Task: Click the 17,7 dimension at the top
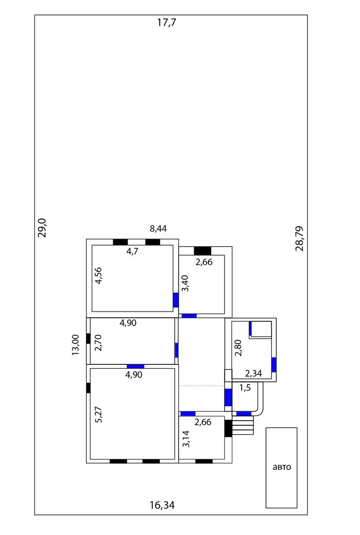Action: point(166,23)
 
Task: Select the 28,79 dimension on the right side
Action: point(299,238)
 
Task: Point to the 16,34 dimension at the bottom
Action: point(162,505)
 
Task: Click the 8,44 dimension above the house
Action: point(158,229)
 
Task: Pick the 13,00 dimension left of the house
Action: point(75,345)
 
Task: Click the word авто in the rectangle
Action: point(282,467)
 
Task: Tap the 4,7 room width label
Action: point(133,252)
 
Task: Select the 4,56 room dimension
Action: point(99,276)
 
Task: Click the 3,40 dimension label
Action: point(185,283)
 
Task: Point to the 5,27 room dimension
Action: point(99,415)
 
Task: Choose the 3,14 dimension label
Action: point(186,439)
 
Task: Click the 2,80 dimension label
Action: point(238,348)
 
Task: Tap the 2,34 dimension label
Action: point(253,373)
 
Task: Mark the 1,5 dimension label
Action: point(245,388)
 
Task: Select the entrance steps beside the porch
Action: point(243,427)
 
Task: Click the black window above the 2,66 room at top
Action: point(202,251)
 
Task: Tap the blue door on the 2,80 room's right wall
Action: point(274,364)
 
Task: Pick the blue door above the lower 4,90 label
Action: point(135,366)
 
